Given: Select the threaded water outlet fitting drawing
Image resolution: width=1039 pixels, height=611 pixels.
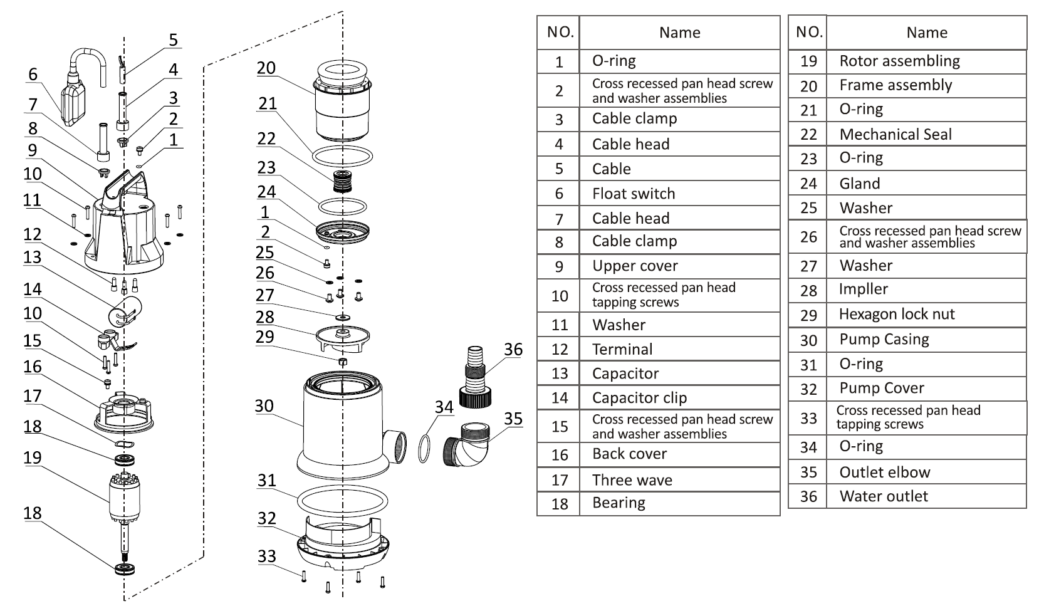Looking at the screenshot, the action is click(475, 377).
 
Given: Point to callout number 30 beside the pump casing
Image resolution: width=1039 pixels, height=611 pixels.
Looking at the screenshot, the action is click(264, 406).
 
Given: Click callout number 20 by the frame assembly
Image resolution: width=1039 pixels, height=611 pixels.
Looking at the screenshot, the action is click(266, 68).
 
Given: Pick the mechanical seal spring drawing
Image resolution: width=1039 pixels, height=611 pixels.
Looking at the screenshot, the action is click(342, 181).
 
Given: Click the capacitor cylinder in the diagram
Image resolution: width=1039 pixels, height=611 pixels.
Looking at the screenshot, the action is click(125, 311).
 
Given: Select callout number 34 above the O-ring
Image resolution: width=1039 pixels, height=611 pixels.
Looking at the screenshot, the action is click(444, 407).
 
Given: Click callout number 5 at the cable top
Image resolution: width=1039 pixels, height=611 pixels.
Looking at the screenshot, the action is click(173, 40).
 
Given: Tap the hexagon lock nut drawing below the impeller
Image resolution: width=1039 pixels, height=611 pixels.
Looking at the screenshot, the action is click(343, 362).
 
